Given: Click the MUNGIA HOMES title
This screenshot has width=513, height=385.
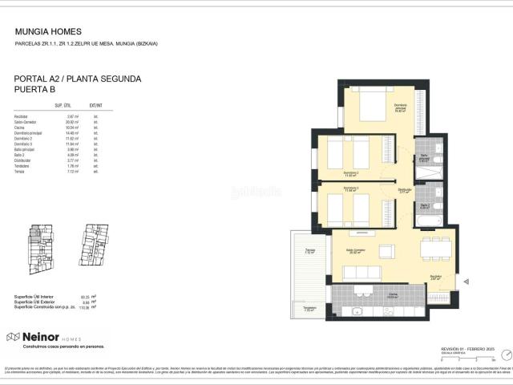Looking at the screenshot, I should click(x=45, y=32).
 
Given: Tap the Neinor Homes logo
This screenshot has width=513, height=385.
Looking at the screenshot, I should click(x=45, y=337).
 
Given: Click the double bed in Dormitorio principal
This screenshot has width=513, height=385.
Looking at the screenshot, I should click(x=373, y=104).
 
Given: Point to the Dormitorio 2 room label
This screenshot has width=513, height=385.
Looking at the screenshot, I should click(x=350, y=172).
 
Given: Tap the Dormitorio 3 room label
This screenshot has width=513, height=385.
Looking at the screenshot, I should click(x=350, y=189).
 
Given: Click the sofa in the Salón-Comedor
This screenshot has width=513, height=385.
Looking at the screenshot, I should click(x=362, y=274).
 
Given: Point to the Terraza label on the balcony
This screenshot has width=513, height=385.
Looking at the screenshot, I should click(x=309, y=251).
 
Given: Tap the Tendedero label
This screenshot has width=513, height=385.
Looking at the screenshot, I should click(x=309, y=309).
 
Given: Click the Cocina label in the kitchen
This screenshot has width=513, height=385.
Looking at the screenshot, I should click(x=371, y=294).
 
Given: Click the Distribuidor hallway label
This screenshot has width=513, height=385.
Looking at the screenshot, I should click(x=405, y=191).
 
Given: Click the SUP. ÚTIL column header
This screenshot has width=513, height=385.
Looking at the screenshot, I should click(x=64, y=106).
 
